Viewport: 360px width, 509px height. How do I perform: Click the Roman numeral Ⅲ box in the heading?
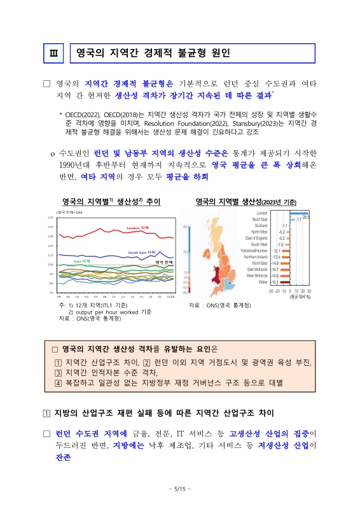(53, 52)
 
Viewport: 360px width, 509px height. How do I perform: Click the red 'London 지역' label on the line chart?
(137, 228)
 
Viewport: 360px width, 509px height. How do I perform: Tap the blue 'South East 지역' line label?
(142, 253)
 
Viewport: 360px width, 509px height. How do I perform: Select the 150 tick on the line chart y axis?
(50, 218)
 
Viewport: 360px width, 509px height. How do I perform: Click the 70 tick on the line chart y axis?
(51, 293)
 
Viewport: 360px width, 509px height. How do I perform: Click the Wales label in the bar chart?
(261, 282)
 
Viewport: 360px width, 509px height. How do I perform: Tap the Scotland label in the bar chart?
(260, 225)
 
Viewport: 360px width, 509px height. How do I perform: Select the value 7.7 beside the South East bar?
(299, 219)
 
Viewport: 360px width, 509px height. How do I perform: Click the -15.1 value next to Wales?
(275, 282)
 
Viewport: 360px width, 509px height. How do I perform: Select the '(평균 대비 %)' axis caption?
(298, 296)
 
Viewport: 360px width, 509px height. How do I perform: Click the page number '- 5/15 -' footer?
(180, 489)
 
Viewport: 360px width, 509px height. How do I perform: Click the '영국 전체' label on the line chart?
(164, 262)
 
